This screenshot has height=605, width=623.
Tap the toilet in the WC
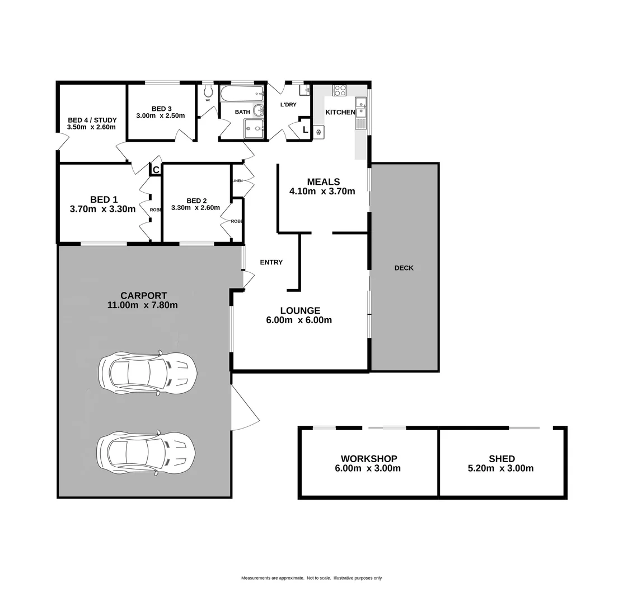coord(208,91)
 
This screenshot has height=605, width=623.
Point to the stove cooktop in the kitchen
coord(339,90)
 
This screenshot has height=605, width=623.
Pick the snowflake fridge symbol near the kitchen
coord(318,132)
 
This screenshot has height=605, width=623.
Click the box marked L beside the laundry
coord(305,130)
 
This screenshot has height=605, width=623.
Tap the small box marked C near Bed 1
coord(156,170)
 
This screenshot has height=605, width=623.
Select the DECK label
coord(404,268)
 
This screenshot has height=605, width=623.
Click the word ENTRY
coord(271,262)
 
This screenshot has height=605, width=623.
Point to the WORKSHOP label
coord(369,459)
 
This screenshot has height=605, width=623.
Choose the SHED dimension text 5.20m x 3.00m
coord(500,468)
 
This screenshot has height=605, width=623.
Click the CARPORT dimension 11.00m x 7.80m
coord(143,305)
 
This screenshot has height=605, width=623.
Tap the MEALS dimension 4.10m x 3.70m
coord(322,191)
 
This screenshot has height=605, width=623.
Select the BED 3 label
coord(161,109)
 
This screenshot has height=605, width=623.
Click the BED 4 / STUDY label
coord(92,120)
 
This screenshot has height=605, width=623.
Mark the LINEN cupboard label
coord(237,181)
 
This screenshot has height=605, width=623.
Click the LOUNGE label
coord(300,310)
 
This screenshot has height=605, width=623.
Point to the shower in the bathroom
coord(254,129)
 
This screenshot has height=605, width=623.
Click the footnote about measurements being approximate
coord(311,578)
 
